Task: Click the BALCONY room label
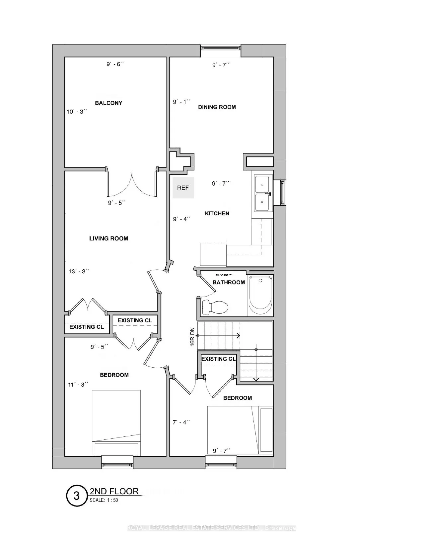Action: [x=108, y=103]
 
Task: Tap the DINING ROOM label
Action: [x=217, y=107]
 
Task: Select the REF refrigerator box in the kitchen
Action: [x=183, y=188]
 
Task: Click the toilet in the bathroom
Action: [x=216, y=306]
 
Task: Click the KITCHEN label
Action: [x=217, y=213]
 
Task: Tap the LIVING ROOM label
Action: [x=108, y=238]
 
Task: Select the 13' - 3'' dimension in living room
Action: [x=79, y=271]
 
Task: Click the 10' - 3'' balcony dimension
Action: [x=77, y=112]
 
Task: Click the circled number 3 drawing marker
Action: [x=77, y=496]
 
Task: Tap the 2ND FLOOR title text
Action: [x=114, y=491]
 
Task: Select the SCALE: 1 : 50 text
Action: [x=104, y=500]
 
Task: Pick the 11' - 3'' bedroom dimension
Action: [x=78, y=384]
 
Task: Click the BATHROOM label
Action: [x=229, y=282]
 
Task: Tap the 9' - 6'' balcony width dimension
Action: [x=115, y=64]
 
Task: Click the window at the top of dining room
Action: [x=220, y=48]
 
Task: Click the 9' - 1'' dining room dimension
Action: [x=181, y=102]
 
